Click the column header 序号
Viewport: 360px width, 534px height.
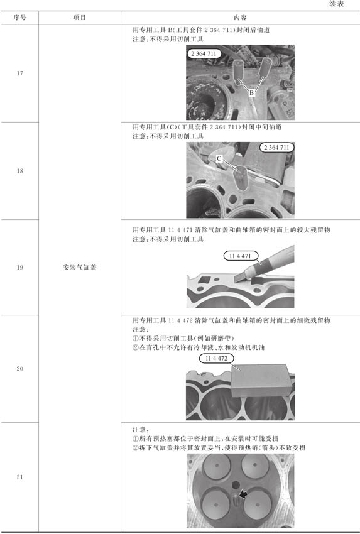19,18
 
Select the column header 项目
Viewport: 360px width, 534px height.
80,18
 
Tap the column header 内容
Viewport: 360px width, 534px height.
240,18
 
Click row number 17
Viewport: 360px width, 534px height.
19,74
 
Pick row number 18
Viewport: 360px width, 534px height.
19,171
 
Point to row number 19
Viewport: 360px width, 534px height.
19,268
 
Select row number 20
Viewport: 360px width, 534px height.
19,369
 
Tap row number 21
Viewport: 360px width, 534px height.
19,477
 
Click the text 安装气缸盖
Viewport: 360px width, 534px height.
80,268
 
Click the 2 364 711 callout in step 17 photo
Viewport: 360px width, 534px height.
204,53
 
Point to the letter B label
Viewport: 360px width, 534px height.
251,92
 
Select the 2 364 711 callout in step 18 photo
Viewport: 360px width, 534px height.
276,148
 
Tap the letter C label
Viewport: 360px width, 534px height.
219,158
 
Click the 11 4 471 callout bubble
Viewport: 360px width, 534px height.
241,256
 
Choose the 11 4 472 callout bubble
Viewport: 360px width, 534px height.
217,358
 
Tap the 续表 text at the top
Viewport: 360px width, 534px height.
337,4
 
